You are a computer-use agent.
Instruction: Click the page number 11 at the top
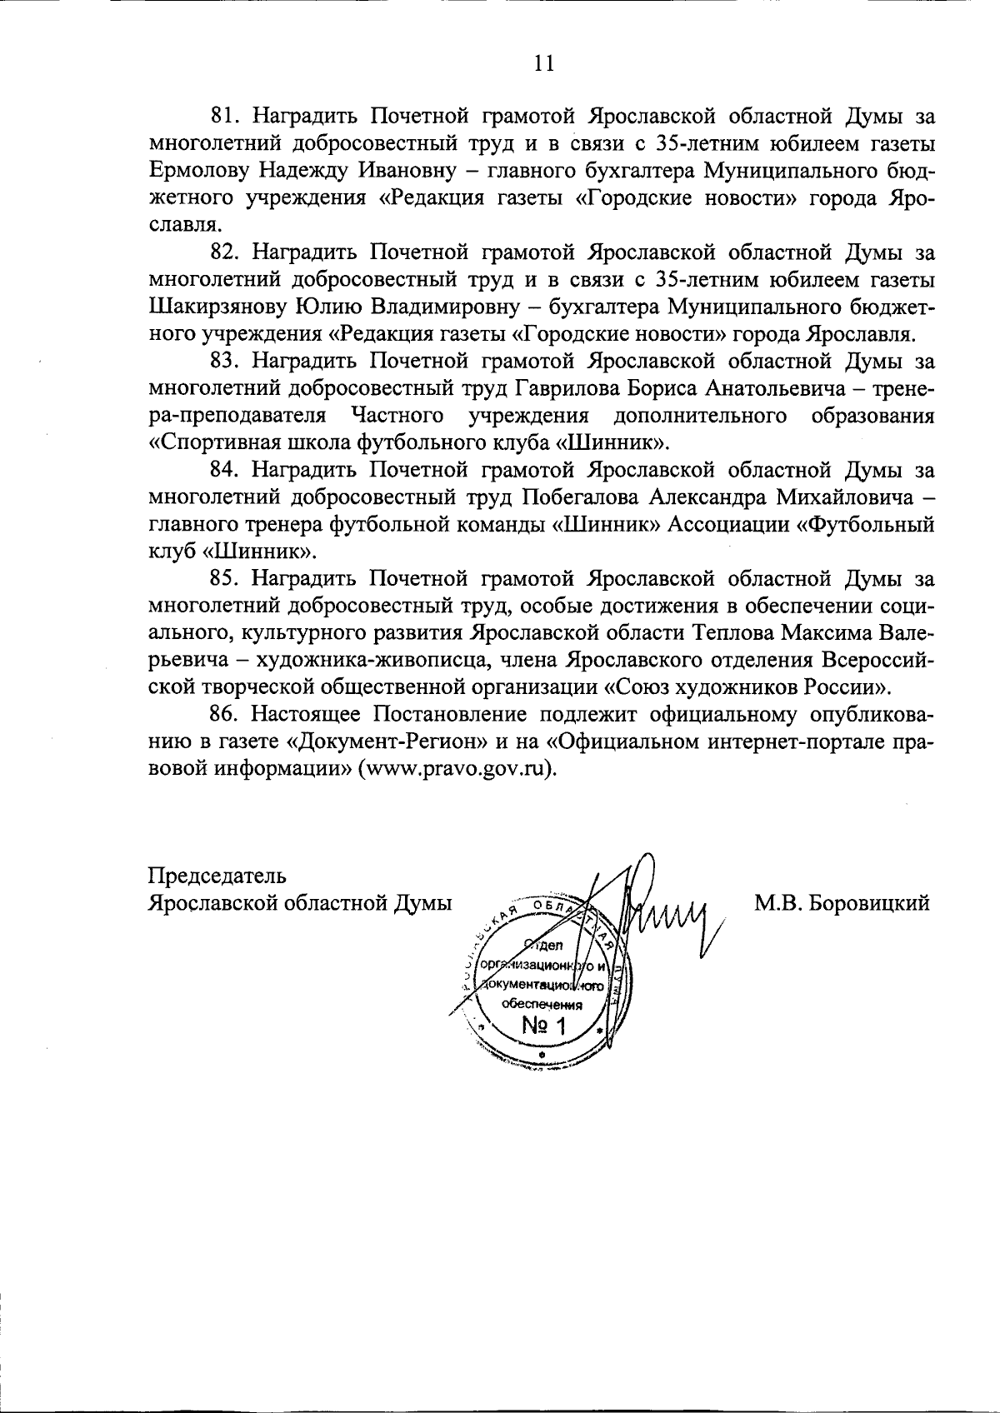[x=543, y=63]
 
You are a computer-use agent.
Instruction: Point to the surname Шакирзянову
[x=218, y=307]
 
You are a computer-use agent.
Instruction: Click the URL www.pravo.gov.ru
[x=456, y=769]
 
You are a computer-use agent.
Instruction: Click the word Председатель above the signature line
[x=217, y=876]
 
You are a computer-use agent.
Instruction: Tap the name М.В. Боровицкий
[x=842, y=903]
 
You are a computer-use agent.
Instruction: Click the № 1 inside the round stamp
[x=542, y=1026]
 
